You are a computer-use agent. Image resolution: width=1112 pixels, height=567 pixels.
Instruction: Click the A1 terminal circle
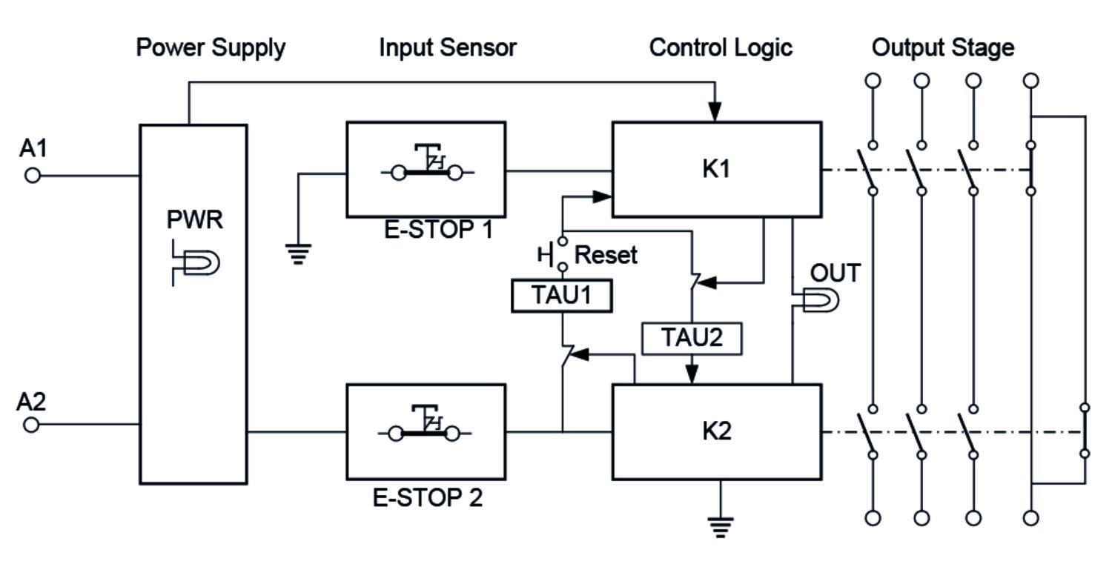pos(33,176)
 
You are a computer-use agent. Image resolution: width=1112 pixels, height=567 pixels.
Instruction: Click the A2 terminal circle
pos(31,425)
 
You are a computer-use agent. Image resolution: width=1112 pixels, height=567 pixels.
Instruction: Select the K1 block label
pos(715,170)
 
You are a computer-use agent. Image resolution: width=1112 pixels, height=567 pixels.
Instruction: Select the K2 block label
pos(715,431)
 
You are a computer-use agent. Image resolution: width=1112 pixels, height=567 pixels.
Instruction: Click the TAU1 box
pos(563,296)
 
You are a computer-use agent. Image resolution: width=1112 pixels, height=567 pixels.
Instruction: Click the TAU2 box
pos(691,338)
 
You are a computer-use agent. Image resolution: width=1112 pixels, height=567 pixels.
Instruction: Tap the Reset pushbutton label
pos(606,255)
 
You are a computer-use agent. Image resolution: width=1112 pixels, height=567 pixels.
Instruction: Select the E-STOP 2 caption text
pos(428,497)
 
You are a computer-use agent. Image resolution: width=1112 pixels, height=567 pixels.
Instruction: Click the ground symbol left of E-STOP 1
pos(298,253)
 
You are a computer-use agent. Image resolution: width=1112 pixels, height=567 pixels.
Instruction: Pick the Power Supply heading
pos(211,48)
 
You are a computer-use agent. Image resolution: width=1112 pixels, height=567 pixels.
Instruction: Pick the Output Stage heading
pos(942,48)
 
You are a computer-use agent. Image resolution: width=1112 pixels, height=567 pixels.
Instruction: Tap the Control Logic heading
pos(721,48)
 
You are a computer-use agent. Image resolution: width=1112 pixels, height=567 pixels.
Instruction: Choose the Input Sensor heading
pos(448,48)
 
